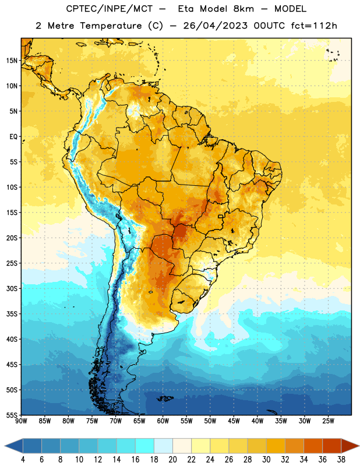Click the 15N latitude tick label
[x=12, y=61]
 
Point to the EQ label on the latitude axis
[x=13, y=137]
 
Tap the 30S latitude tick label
[x=12, y=288]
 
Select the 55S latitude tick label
[x=12, y=415]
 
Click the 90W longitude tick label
[x=21, y=421]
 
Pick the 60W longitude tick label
[x=163, y=421]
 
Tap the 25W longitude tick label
[x=328, y=421]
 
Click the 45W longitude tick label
[x=234, y=421]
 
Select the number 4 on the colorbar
[x=23, y=460]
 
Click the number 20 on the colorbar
[x=172, y=460]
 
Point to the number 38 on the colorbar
[x=341, y=460]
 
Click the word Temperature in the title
[x=111, y=26]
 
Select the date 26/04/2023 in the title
[x=215, y=26]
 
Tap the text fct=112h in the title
[x=314, y=26]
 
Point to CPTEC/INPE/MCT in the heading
[x=109, y=9]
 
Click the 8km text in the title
[x=243, y=9]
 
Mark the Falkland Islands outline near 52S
[x=165, y=398]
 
